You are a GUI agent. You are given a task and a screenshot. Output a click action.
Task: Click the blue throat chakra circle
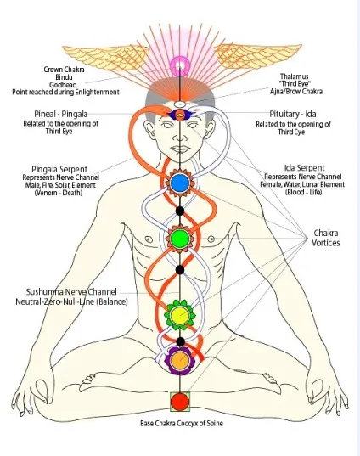click(x=180, y=183)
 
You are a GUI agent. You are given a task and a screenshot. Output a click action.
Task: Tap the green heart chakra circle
click(x=180, y=239)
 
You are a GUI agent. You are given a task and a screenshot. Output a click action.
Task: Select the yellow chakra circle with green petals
click(x=180, y=315)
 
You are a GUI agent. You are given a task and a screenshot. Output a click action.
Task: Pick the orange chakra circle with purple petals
click(x=180, y=361)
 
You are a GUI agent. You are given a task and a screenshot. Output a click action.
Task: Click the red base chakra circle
click(x=180, y=402)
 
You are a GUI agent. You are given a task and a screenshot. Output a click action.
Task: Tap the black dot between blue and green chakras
click(x=180, y=211)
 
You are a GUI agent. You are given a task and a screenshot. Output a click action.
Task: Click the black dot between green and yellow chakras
click(x=180, y=270)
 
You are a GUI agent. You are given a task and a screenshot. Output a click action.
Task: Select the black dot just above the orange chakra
click(x=181, y=341)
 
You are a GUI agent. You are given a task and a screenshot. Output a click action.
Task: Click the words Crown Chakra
click(x=64, y=70)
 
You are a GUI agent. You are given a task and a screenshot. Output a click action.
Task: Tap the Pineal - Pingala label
click(x=61, y=114)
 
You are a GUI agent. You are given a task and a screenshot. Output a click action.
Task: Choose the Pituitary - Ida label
click(x=293, y=114)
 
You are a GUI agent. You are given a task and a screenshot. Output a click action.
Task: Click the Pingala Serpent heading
click(x=59, y=169)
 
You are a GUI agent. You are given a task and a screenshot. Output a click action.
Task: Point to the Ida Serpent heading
click(x=305, y=168)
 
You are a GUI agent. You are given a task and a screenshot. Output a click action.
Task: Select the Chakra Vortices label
click(x=326, y=238)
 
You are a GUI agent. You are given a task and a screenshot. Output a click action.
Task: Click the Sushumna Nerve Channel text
click(x=71, y=292)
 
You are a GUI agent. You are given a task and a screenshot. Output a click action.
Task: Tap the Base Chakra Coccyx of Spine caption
click(x=182, y=423)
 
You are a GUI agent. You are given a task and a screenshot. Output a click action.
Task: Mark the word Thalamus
click(x=294, y=76)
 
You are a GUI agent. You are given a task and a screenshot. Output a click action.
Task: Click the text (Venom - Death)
click(x=59, y=193)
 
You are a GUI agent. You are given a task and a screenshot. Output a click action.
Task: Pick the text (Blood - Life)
click(x=304, y=192)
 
